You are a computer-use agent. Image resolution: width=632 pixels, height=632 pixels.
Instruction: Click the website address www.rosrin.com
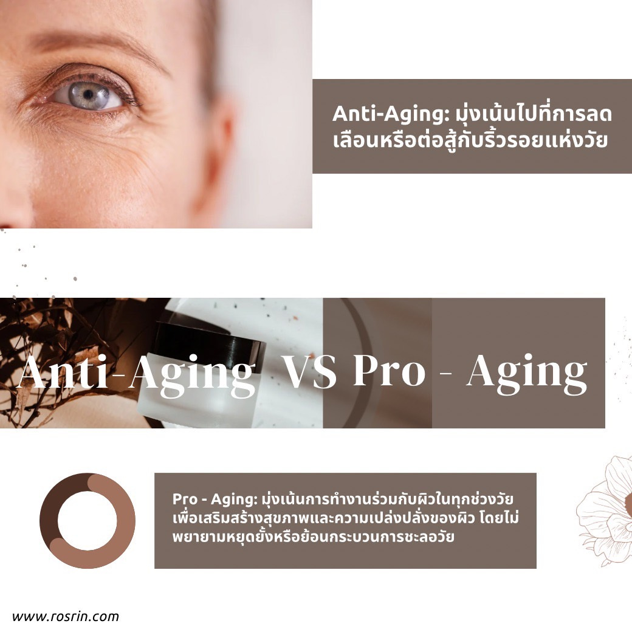pyautogui.click(x=66, y=616)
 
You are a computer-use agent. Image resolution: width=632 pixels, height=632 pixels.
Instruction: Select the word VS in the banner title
pyautogui.click(x=311, y=372)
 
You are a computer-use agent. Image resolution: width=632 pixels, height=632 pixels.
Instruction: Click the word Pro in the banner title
pyautogui.click(x=389, y=372)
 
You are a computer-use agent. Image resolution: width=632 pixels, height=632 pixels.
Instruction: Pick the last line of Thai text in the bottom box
pyautogui.click(x=314, y=538)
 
